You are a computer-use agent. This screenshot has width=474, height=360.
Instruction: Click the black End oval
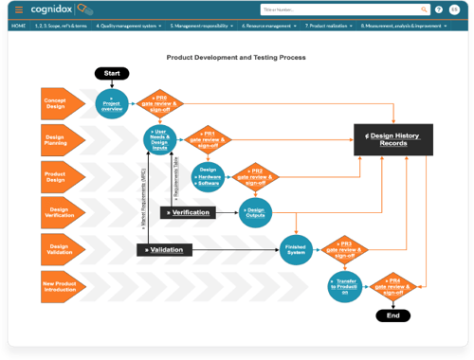click(x=393, y=314)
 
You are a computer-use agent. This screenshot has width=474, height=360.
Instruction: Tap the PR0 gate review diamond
click(x=161, y=102)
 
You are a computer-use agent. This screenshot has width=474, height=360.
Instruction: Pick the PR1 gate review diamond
click(x=208, y=139)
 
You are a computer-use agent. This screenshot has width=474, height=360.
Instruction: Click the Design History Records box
click(x=392, y=139)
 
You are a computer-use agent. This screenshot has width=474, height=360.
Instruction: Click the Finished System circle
click(x=295, y=248)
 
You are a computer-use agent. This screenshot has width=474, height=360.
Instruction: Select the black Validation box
click(x=165, y=249)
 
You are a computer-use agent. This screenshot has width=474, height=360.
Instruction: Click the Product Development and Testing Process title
click(x=236, y=58)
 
